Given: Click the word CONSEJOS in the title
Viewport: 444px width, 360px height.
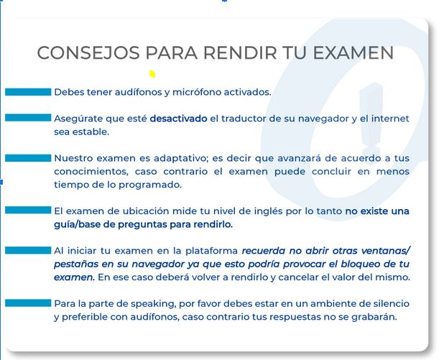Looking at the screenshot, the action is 88,52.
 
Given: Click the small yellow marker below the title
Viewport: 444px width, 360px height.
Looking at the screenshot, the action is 152,74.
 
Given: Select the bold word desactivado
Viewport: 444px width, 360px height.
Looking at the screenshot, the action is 178,118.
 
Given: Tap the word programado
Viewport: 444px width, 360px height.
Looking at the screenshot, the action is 149,185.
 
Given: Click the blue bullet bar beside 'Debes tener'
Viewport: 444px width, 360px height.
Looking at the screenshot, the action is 28,92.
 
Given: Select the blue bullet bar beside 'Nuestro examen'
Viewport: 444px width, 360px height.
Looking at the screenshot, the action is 28,158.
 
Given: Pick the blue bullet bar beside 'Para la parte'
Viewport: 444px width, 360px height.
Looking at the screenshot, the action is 28,303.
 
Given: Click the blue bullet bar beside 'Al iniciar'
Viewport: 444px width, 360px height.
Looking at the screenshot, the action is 28,250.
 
